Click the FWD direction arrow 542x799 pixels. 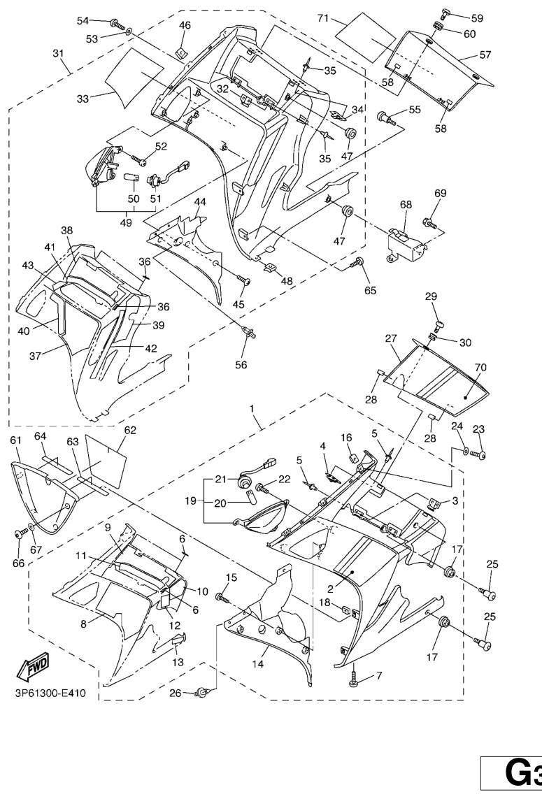[34, 672]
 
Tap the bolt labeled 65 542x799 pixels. [359, 263]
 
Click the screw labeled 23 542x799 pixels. [479, 455]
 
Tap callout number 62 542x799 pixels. [130, 430]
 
